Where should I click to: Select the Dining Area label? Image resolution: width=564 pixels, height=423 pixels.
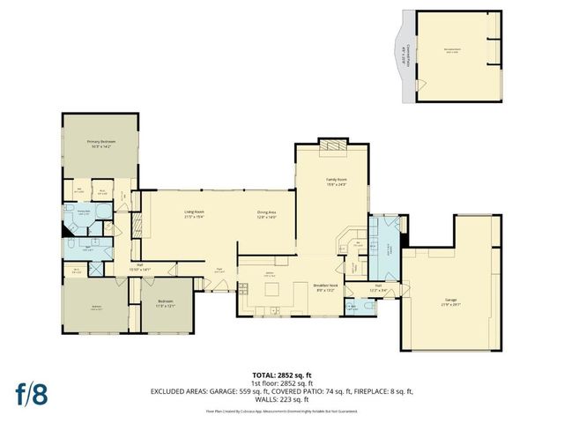pos(267,213)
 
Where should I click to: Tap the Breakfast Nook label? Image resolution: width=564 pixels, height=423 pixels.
pos(325,287)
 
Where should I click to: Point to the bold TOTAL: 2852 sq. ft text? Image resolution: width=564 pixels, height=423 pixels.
pos(281,375)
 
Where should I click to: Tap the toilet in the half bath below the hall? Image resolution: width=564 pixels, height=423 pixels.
pos(352,308)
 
